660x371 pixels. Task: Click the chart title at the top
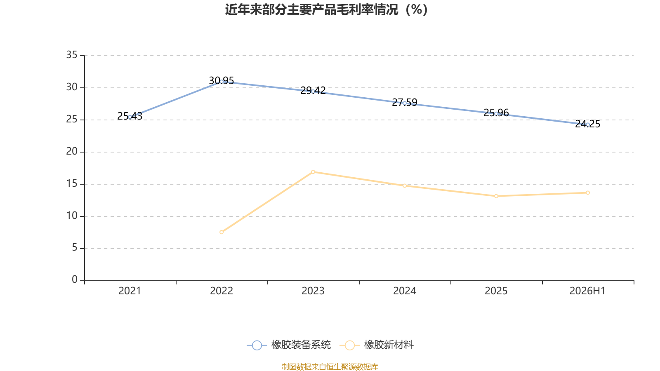(326, 10)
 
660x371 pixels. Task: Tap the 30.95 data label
(221, 80)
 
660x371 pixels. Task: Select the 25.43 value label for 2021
(130, 116)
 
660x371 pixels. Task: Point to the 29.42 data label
(313, 90)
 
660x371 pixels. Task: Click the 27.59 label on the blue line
(405, 103)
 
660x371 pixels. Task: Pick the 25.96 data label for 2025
(496, 113)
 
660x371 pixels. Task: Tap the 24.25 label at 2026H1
(587, 124)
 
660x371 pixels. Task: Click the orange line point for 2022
(222, 232)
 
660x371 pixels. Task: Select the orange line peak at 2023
(313, 172)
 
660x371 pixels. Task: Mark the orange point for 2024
(405, 186)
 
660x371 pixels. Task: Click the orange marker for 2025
(496, 196)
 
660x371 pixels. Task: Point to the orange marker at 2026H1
(588, 193)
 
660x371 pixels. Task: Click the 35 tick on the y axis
(72, 55)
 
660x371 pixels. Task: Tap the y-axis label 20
(72, 152)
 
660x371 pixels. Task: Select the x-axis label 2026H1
(587, 291)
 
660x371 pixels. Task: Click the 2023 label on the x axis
(313, 291)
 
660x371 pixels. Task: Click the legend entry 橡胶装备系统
(289, 345)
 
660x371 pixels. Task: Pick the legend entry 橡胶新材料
(377, 345)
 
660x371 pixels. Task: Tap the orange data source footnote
(330, 367)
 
